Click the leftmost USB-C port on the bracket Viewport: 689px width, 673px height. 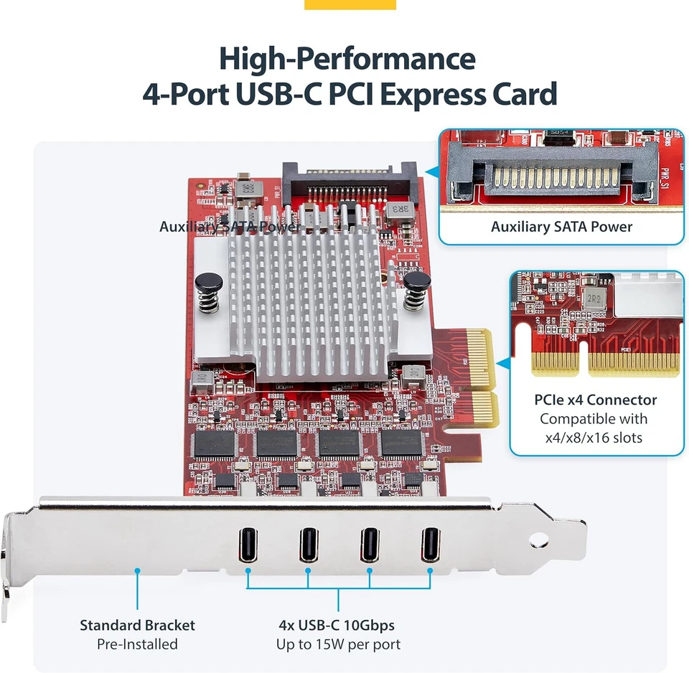click(248, 545)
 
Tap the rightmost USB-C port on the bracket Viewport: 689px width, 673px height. click(430, 545)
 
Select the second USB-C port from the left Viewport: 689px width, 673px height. click(309, 545)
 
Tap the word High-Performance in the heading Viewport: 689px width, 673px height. click(347, 58)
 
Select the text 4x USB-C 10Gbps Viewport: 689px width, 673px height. click(337, 625)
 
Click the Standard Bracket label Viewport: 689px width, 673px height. click(137, 625)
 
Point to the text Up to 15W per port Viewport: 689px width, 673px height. click(338, 644)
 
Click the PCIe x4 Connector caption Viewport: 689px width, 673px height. click(595, 400)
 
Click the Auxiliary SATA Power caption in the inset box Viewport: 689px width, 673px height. click(561, 227)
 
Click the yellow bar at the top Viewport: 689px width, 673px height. click(350, 4)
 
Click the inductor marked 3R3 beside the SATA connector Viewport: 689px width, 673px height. click(395, 210)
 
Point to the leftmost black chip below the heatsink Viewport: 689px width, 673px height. click(215, 444)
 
